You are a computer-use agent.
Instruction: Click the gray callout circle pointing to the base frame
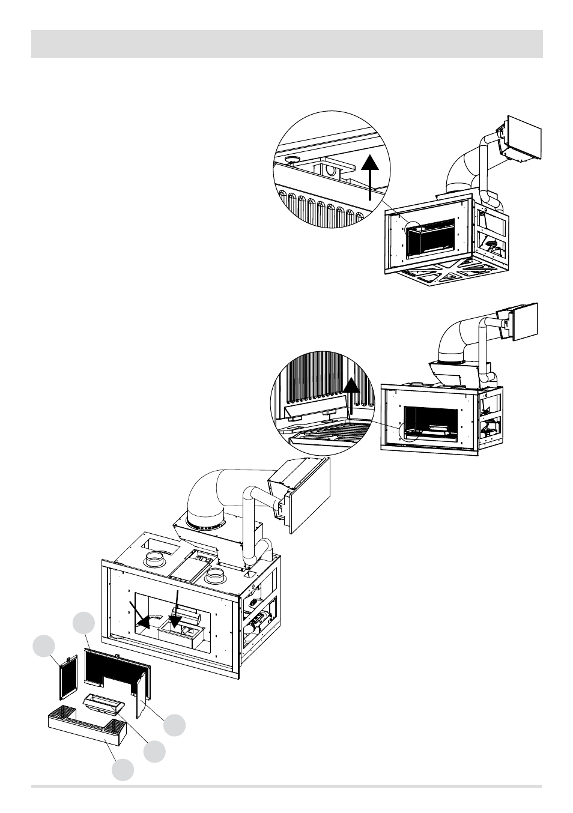[x=124, y=770]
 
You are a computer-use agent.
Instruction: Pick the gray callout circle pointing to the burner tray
[x=154, y=751]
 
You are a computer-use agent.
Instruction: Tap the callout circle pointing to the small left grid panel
[x=44, y=647]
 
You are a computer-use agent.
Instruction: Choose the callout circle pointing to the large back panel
[x=84, y=623]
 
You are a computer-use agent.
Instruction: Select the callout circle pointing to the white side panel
[x=175, y=725]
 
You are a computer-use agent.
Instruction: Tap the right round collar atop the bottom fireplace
[x=214, y=577]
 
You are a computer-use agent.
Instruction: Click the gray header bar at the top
[x=286, y=45]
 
